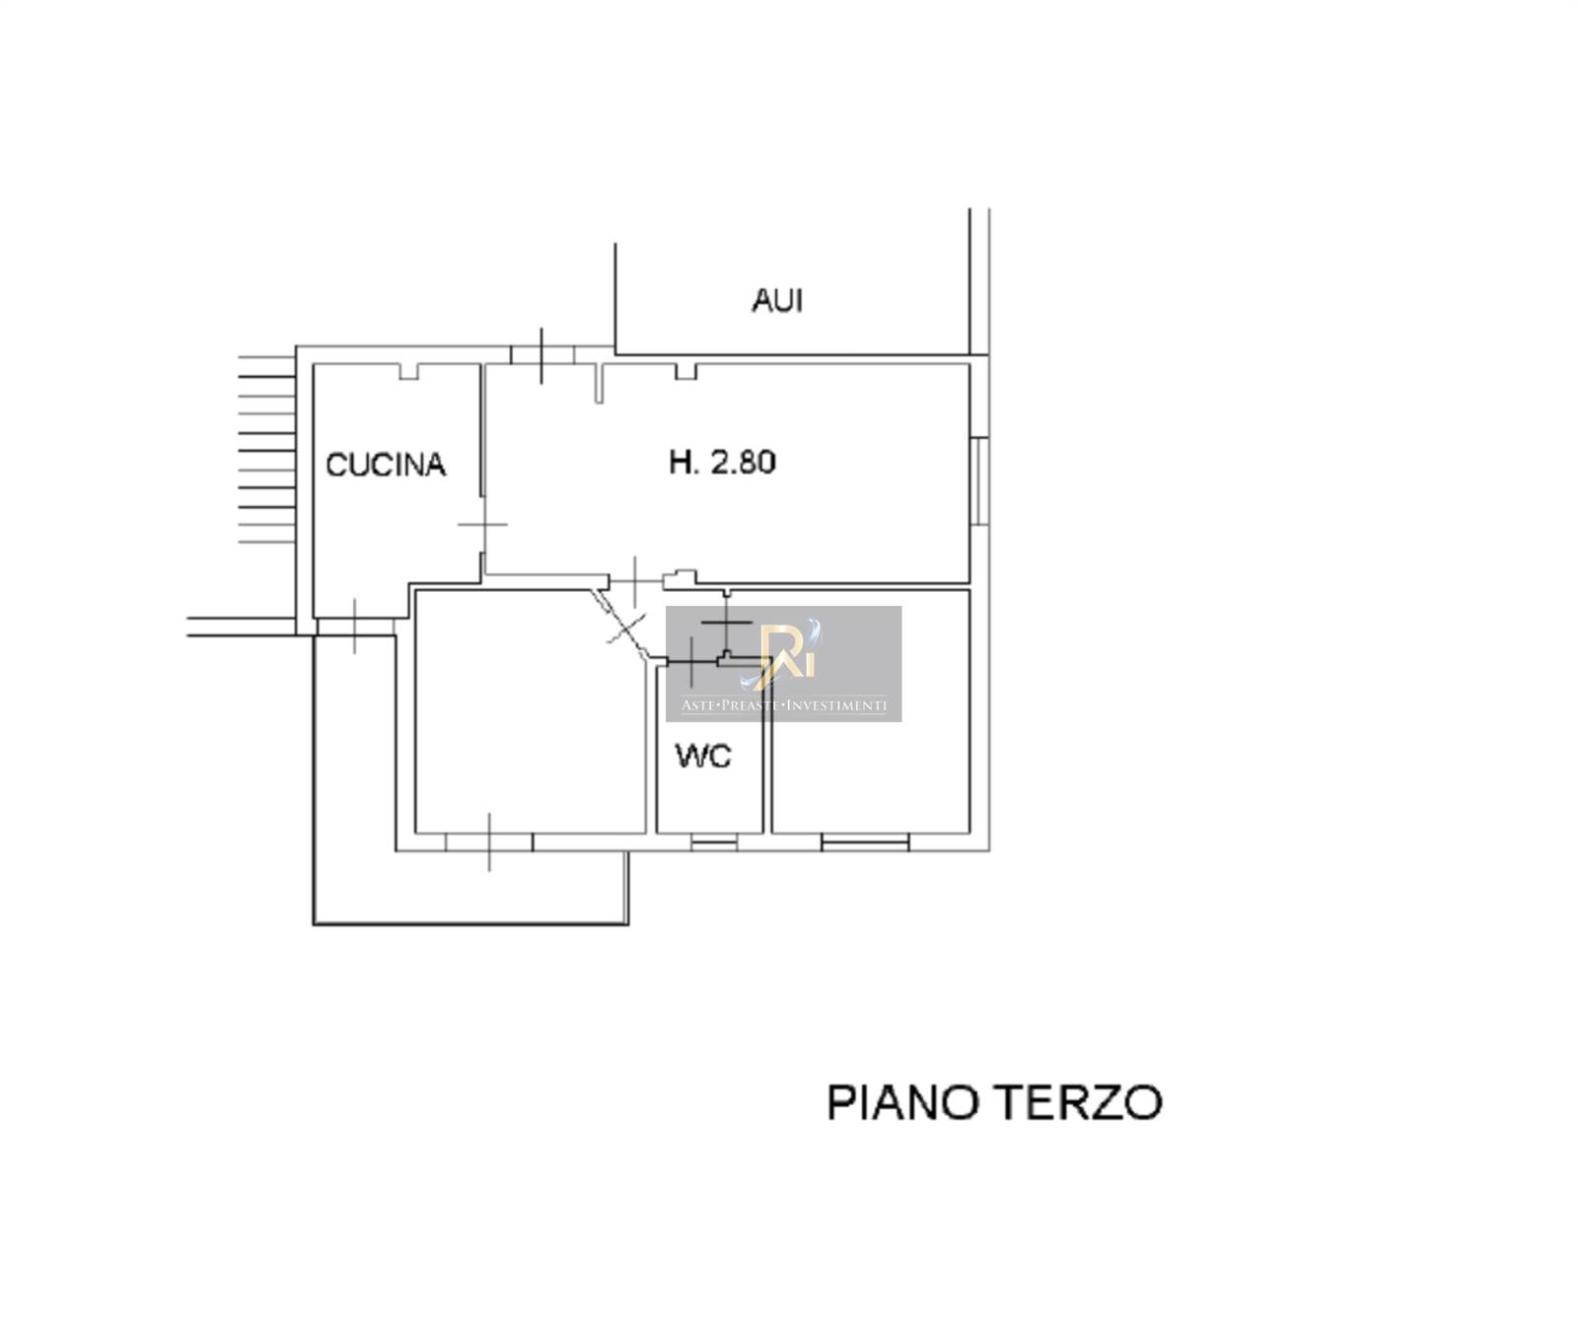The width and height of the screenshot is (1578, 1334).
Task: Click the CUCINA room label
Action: coord(386,464)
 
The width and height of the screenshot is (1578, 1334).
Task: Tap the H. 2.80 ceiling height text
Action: coord(722,461)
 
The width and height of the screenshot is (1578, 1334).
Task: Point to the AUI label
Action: coord(777,300)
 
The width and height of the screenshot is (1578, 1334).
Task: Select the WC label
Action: coord(703,756)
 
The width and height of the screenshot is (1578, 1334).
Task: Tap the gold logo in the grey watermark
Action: coord(783,651)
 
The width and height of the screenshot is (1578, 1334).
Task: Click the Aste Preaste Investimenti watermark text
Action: coord(784,704)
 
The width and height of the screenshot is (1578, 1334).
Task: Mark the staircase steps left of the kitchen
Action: coord(267,450)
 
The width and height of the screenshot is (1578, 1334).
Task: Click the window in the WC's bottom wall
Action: coord(713,842)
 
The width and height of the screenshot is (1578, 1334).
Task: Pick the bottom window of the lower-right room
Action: coord(865,842)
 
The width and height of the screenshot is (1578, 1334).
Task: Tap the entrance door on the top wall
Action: coord(542,355)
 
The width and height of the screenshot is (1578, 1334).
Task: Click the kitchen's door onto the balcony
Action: coord(355,627)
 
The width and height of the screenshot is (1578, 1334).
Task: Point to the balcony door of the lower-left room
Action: coord(489,842)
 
